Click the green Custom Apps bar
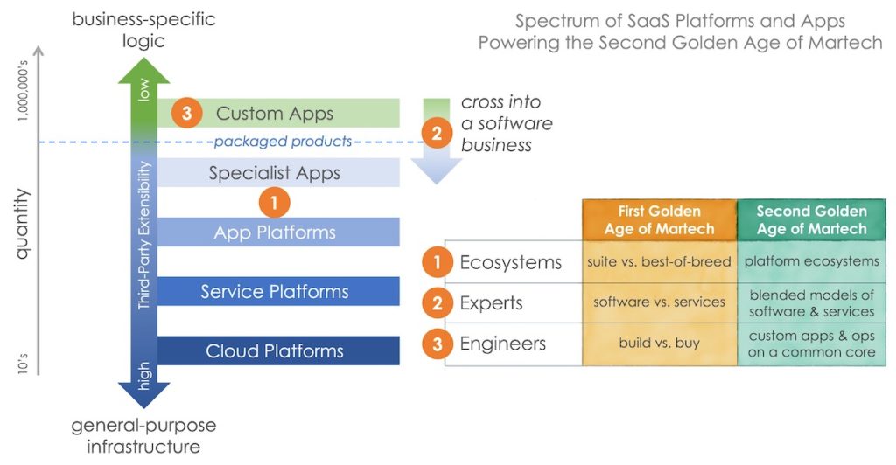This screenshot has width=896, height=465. [x=275, y=114]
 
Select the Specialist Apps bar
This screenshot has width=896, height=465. [x=275, y=173]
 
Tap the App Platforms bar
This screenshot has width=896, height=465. [x=275, y=232]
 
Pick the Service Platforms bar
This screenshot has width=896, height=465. [x=275, y=292]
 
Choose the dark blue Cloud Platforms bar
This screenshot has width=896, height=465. [x=275, y=351]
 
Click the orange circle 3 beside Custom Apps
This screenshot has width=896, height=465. [x=186, y=114]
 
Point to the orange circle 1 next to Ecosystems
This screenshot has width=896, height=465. [x=437, y=262]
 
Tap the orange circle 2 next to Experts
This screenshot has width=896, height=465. [x=437, y=303]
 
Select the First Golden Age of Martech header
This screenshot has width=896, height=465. [x=659, y=220]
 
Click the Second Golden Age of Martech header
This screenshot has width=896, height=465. [x=811, y=220]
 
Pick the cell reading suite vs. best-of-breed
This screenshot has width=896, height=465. [x=659, y=262]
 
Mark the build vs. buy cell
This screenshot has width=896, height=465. [x=659, y=344]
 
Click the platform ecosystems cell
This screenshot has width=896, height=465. [x=811, y=262]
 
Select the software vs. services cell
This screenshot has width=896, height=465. [x=659, y=302]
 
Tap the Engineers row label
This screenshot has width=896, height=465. [x=502, y=344]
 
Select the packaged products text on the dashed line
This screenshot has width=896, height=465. [x=283, y=142]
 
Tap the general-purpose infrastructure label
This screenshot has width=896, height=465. [x=143, y=436]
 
